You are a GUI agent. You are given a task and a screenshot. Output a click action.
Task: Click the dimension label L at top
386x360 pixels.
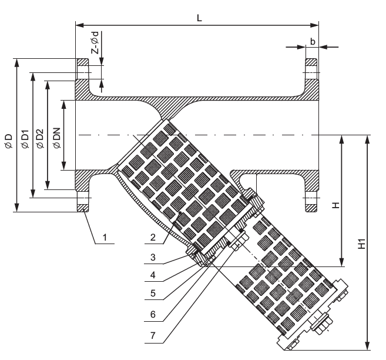[x=199, y=18]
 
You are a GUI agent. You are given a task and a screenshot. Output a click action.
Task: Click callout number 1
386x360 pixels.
[x=104, y=237]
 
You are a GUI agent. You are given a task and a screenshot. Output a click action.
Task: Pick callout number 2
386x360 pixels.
[x=152, y=237]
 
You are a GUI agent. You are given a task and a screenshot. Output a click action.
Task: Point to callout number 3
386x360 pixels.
[x=152, y=257]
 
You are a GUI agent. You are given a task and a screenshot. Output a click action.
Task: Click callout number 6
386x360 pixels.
[x=152, y=314]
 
